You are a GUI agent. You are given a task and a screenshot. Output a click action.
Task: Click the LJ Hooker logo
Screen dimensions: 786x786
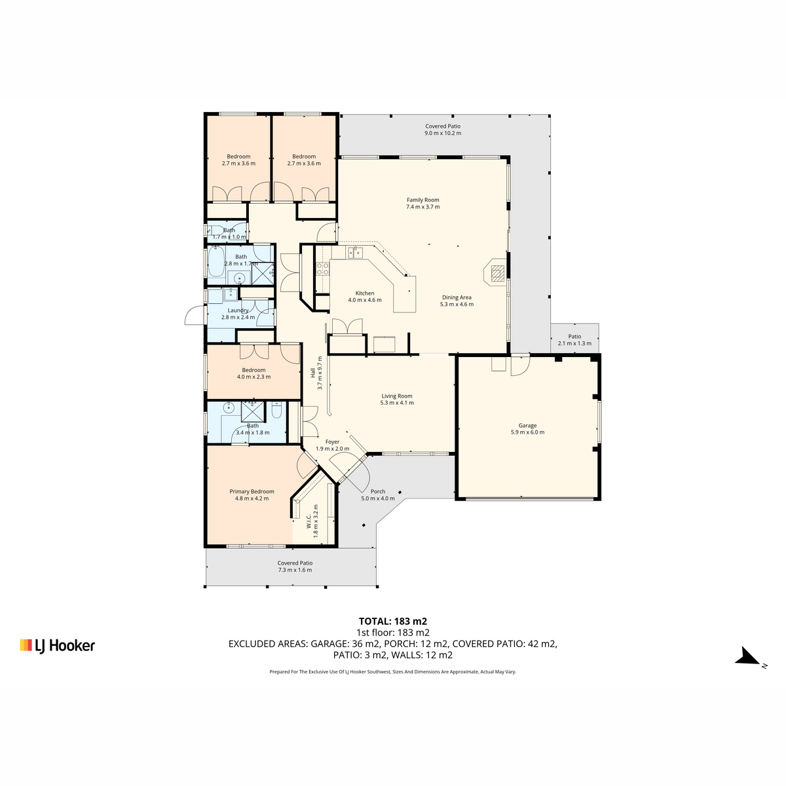tap(58, 646)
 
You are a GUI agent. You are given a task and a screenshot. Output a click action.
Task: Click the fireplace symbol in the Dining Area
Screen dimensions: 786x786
tap(496, 274)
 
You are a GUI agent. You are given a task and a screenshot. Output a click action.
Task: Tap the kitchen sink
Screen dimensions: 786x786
tap(354, 252)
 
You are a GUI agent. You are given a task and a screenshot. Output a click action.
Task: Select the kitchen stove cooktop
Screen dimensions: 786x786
tap(323, 269)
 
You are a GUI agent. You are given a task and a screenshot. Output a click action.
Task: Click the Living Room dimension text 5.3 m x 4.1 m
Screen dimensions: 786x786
tap(397, 403)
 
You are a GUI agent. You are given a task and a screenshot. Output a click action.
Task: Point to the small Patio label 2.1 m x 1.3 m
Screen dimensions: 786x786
tap(574, 340)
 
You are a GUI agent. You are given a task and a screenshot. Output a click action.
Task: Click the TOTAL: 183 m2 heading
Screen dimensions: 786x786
tap(393, 621)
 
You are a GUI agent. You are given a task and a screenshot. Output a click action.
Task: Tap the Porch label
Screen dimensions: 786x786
tap(378, 491)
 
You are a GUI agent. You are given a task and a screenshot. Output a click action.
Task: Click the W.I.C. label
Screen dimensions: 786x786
tap(309, 521)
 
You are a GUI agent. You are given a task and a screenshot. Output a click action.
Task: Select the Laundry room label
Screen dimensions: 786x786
tap(238, 310)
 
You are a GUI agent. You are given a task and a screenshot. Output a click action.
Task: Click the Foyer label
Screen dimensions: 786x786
tap(332, 441)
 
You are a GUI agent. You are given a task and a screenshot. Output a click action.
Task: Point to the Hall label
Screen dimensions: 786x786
tap(313, 373)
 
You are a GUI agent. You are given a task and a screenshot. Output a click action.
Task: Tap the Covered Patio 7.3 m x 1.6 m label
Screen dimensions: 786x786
tap(295, 566)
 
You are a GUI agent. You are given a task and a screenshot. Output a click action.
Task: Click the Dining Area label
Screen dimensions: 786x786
tap(457, 297)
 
